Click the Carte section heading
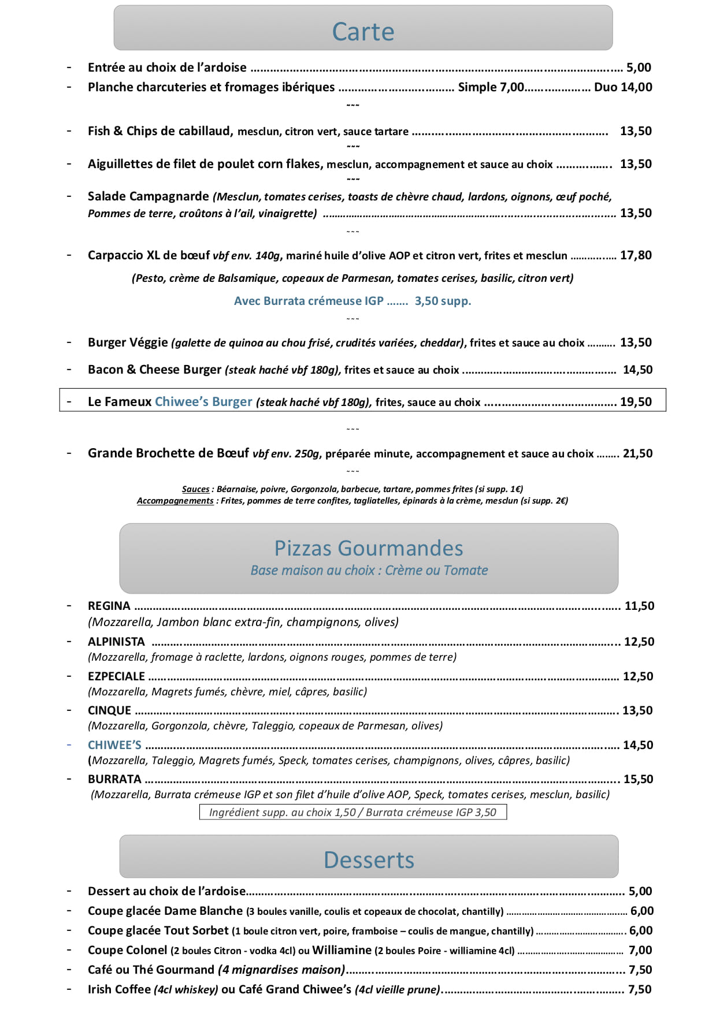(x=363, y=32)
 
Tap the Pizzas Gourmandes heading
(x=369, y=548)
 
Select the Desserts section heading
(x=369, y=860)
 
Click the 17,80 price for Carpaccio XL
(x=636, y=255)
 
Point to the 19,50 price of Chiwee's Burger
(x=636, y=402)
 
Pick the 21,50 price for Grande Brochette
(x=637, y=453)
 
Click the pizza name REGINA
(x=109, y=606)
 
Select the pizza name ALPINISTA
(x=116, y=642)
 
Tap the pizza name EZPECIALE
(x=116, y=676)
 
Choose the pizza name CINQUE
(x=110, y=710)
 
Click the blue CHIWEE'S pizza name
(x=114, y=745)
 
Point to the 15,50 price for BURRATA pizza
(x=638, y=779)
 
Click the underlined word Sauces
(x=195, y=489)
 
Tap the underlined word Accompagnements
(x=175, y=501)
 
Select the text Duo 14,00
(x=623, y=87)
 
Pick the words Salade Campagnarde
(x=148, y=196)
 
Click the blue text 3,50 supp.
(x=443, y=301)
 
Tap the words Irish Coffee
(x=119, y=989)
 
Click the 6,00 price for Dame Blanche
(x=641, y=911)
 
